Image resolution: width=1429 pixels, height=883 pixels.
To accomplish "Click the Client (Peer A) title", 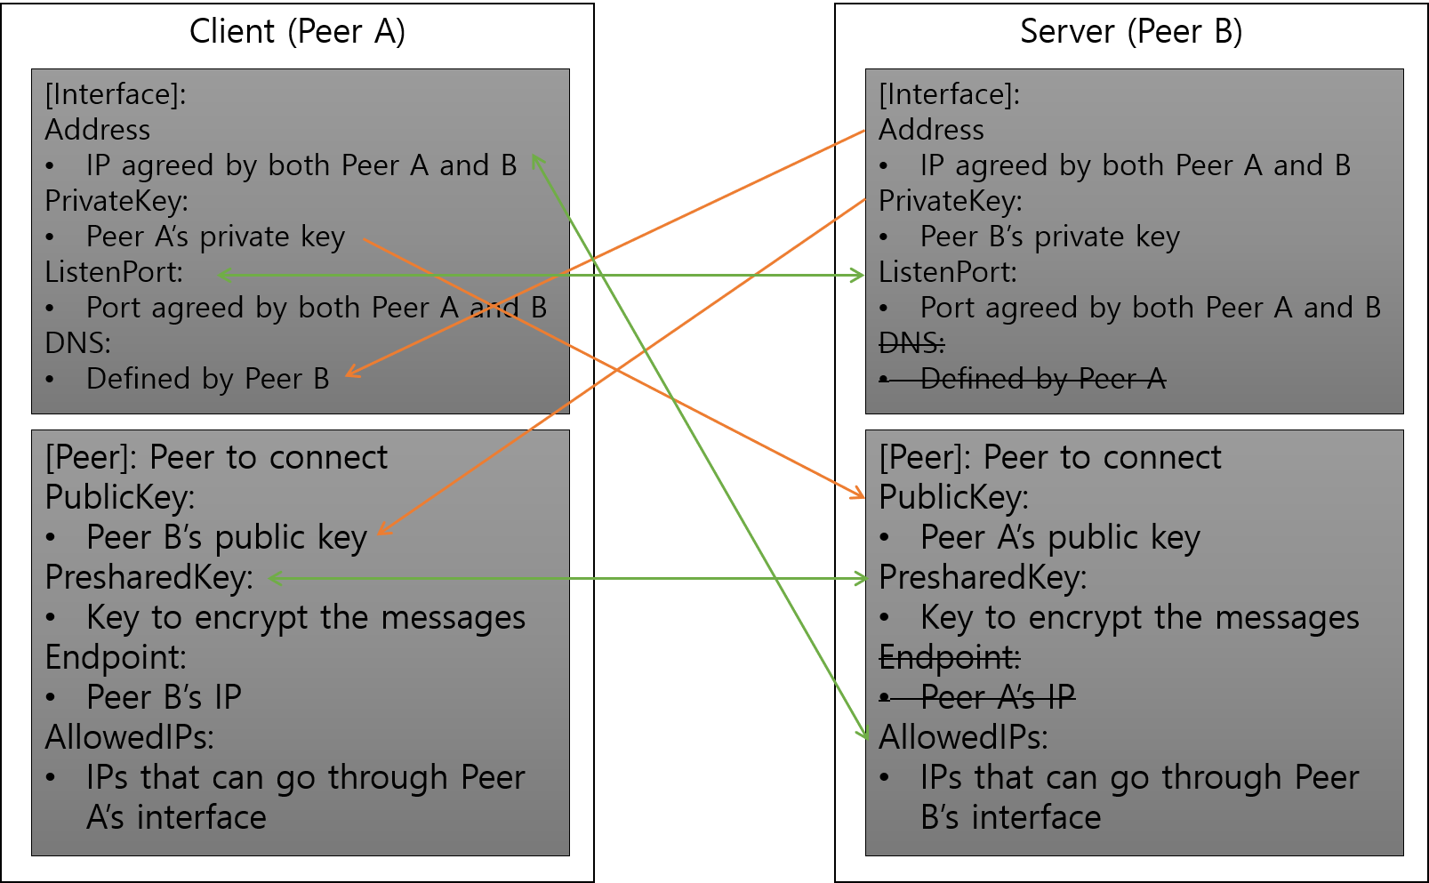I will pos(297,32).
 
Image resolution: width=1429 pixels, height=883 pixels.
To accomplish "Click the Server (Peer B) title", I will pos(1130,32).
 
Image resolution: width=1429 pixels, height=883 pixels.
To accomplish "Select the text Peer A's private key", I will pos(215,237).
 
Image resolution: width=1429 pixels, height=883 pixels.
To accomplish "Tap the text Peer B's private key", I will pos(1049,237).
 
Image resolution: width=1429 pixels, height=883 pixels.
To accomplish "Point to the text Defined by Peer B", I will pos(207,379).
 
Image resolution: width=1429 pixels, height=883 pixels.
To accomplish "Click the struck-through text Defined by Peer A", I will pos(1042,379).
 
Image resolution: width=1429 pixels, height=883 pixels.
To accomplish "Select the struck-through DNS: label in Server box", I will pos(911,343).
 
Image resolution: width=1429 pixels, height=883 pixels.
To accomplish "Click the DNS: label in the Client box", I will pos(78,343).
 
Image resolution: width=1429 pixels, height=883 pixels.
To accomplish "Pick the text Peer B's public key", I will pos(227,537).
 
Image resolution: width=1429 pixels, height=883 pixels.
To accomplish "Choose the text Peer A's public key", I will pos(1060,537).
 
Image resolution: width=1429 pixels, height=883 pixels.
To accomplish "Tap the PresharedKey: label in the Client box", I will pos(149,577).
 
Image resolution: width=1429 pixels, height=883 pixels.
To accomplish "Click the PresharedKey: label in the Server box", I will pos(983,577).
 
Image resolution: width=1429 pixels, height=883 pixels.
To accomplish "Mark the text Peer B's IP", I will pos(164,697).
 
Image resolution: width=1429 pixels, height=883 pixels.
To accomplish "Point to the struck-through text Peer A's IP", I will pos(997,697).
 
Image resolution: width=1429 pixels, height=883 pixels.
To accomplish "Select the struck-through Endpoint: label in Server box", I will pos(950,657).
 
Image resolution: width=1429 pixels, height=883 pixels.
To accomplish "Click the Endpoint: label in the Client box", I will pos(116,657).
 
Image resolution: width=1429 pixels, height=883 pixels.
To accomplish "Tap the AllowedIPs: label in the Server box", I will pos(963,737).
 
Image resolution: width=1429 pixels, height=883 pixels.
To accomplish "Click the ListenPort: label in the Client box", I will pos(114,272).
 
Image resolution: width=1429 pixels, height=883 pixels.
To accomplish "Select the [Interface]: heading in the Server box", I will pos(949,94).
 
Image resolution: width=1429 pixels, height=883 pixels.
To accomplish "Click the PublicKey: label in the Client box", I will pos(120,497).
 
